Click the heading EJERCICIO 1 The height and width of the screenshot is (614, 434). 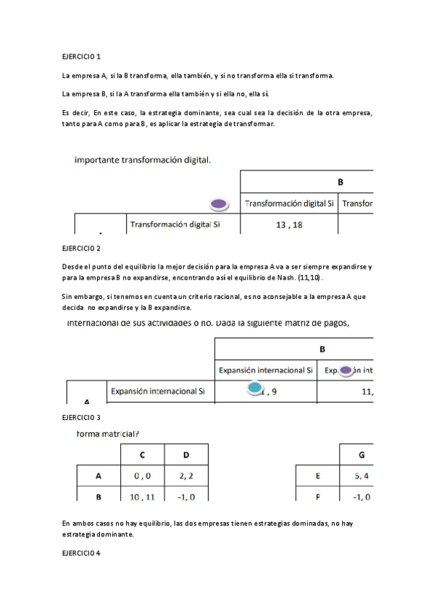click(x=82, y=56)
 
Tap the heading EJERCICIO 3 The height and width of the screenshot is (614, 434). click(x=82, y=418)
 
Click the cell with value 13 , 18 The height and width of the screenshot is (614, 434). click(x=288, y=225)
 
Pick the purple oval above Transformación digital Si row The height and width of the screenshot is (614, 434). click(x=220, y=204)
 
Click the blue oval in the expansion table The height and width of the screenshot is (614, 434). click(x=254, y=389)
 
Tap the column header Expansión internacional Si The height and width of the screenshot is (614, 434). click(x=266, y=371)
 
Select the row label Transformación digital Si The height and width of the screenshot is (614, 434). click(x=174, y=224)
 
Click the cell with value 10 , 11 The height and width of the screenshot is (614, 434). click(x=142, y=497)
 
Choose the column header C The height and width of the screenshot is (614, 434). click(x=142, y=455)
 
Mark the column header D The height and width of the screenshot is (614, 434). click(x=186, y=455)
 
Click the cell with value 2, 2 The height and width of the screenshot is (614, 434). click(x=186, y=476)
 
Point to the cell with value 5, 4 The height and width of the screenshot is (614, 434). click(x=362, y=476)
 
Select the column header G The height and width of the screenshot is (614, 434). click(x=362, y=455)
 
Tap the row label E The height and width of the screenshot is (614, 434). click(x=318, y=476)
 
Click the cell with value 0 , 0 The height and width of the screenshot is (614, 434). click(x=142, y=476)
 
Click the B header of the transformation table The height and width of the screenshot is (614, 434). click(x=340, y=182)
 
